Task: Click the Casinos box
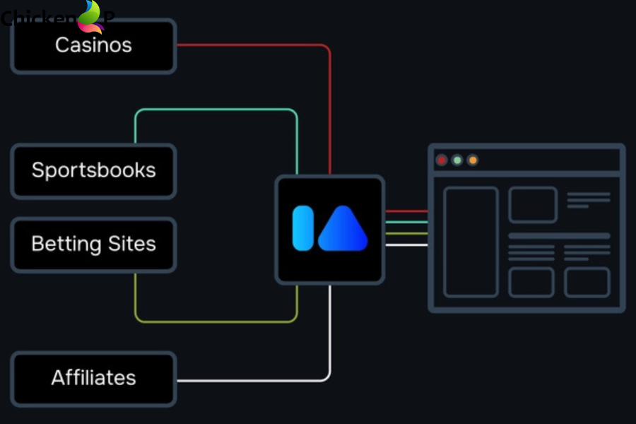tap(93, 46)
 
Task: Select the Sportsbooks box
tap(93, 171)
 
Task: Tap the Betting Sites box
tap(93, 245)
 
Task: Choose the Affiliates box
tap(93, 378)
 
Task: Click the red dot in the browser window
tap(442, 160)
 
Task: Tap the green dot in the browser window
tap(457, 160)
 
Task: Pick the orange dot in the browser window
tap(473, 160)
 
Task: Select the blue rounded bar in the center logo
tap(303, 228)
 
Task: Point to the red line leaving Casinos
tap(254, 45)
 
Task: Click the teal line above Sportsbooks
tap(216, 110)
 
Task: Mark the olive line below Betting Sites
tap(216, 322)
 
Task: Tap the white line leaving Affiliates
tap(254, 380)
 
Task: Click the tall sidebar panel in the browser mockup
tap(471, 242)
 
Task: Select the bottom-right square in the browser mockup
tap(587, 282)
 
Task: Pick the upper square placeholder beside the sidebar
tap(532, 205)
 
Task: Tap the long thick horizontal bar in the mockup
tap(559, 236)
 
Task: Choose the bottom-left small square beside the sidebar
tap(531, 282)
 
